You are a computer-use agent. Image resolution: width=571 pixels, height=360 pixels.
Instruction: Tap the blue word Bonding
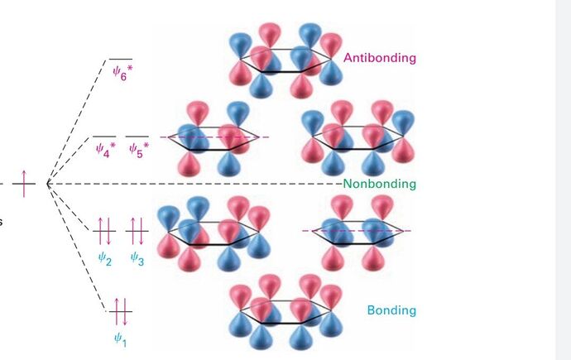392,311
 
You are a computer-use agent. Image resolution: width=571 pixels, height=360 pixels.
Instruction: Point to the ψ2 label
104,259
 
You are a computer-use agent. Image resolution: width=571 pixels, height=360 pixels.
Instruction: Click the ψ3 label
137,259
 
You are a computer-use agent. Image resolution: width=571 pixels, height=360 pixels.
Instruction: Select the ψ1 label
121,338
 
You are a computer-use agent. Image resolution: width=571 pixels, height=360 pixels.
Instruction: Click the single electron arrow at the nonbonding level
24,182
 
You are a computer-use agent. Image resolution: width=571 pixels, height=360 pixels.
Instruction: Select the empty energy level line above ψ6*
121,59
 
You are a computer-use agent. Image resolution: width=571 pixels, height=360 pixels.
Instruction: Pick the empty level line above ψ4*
104,136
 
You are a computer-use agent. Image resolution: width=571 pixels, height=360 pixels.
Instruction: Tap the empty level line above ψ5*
137,136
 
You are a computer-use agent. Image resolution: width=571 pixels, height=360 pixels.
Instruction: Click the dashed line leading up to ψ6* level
79,116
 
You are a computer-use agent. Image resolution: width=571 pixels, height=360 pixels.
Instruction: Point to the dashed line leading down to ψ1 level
79,248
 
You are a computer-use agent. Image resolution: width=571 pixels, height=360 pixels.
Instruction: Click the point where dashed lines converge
48,182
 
